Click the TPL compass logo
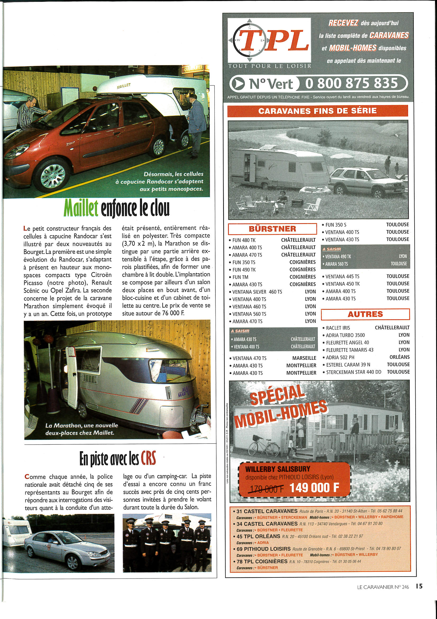269,41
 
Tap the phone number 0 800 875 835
351,83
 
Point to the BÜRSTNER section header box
272,229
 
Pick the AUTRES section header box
365,314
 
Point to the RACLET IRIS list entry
338,328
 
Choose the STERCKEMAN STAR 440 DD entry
353,372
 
